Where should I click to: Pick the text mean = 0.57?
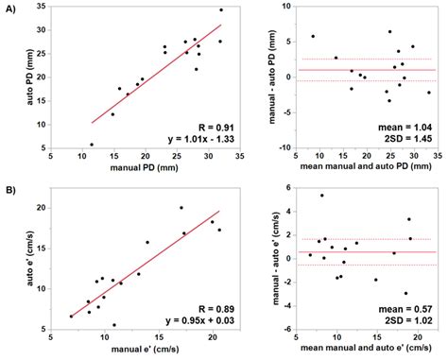point(403,308)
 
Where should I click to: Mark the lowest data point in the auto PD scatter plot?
point(92,145)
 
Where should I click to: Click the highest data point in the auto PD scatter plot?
point(221,10)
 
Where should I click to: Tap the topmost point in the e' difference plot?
point(321,196)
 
